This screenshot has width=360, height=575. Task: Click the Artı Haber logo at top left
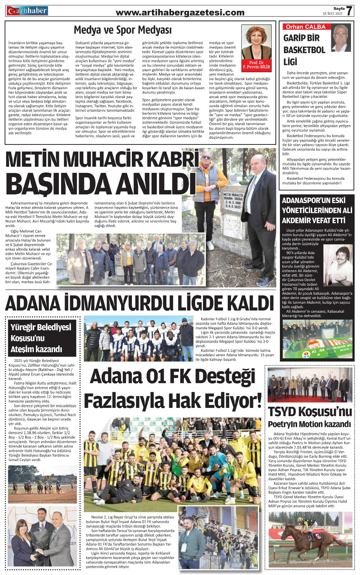coord(27,11)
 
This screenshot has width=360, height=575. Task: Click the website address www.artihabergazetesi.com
coord(180,13)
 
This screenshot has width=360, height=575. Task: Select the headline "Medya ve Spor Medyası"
coord(123,30)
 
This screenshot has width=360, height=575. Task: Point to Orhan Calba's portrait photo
coord(341,38)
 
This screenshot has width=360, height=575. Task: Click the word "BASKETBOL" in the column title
coord(304,50)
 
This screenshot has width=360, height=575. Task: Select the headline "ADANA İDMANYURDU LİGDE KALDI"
coord(140,303)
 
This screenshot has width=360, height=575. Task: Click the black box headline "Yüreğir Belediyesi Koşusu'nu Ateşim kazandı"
coord(42,338)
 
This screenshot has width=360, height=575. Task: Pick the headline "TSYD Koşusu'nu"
coord(309,411)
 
